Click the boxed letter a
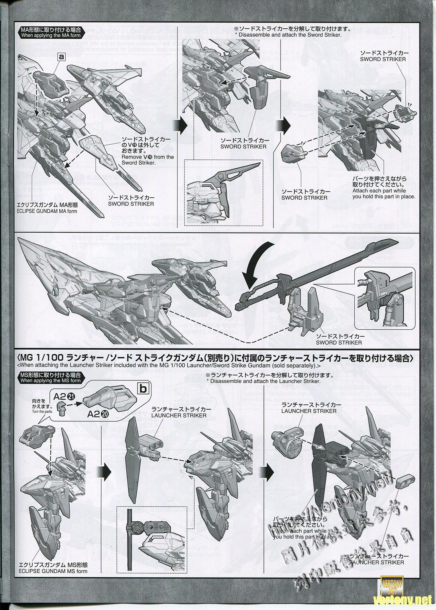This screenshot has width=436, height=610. click(x=61, y=57)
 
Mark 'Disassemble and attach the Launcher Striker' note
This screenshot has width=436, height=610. click(x=263, y=381)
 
